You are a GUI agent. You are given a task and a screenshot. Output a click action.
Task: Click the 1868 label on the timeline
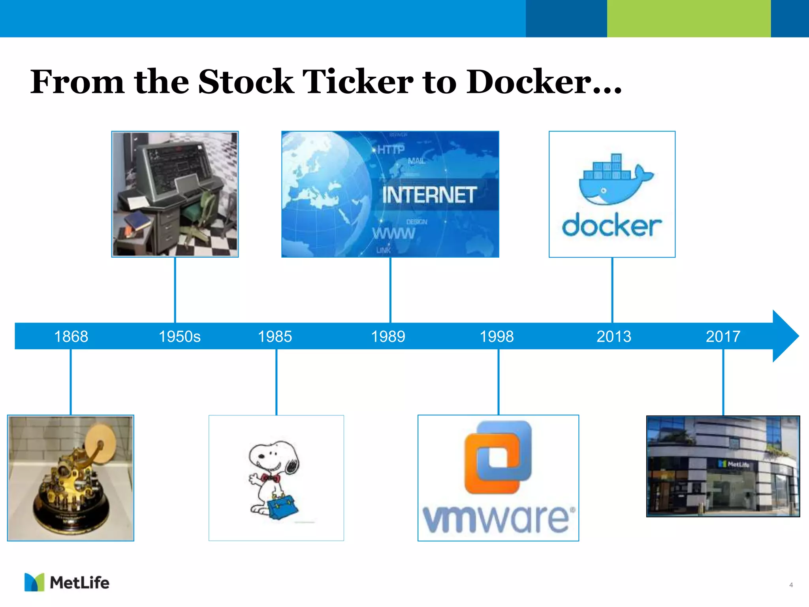(x=71, y=336)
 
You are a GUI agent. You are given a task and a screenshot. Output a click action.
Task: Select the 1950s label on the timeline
(x=179, y=336)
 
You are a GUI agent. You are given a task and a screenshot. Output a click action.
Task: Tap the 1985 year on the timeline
(x=275, y=336)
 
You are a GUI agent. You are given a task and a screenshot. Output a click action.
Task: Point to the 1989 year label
(x=388, y=336)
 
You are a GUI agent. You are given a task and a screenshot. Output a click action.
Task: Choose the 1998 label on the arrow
(x=497, y=336)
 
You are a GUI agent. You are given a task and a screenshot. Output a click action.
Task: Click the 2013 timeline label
(x=613, y=336)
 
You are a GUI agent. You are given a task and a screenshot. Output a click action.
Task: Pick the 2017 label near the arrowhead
(x=723, y=336)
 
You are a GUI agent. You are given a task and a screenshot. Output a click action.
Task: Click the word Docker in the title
(x=543, y=82)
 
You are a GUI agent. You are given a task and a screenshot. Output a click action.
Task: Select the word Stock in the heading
(x=246, y=82)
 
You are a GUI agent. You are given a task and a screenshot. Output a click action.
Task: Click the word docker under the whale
(x=611, y=226)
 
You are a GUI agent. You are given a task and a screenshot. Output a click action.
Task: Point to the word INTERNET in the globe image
(x=429, y=195)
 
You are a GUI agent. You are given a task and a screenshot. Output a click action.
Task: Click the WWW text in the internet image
(x=393, y=234)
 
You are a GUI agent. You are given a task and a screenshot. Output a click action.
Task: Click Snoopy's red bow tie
(x=271, y=479)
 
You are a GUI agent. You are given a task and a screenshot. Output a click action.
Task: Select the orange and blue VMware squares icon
(x=498, y=457)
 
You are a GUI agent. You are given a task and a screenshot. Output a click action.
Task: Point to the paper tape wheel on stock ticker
(x=100, y=444)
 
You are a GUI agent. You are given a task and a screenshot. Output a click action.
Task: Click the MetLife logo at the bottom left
(x=67, y=582)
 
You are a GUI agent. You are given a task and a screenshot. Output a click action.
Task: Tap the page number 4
(x=791, y=585)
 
